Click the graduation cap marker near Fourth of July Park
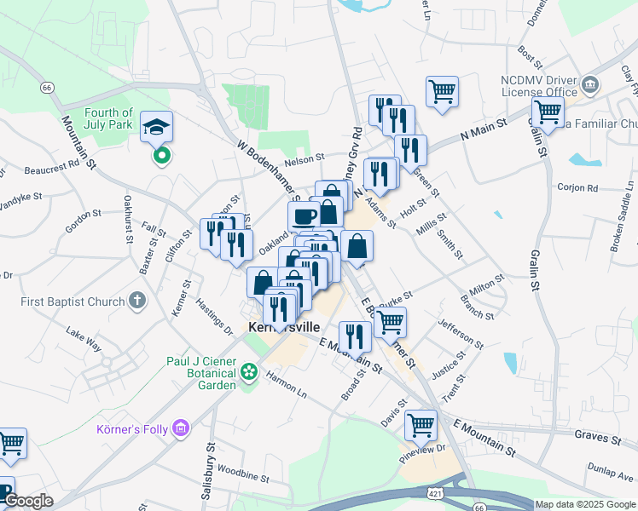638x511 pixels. [x=157, y=128]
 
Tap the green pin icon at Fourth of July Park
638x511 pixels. [x=160, y=156]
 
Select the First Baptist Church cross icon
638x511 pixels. [x=136, y=301]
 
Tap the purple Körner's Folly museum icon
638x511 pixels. [x=180, y=427]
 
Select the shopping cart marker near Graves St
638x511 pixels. [x=420, y=425]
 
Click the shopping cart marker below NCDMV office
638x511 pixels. [x=548, y=111]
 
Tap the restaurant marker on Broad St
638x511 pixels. [x=354, y=336]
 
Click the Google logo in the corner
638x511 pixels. [x=27, y=501]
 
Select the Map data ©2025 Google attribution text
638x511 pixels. [x=584, y=504]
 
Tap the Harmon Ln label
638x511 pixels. [x=286, y=382]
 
